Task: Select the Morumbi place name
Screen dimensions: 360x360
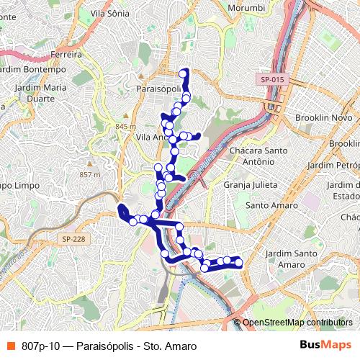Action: click(x=247, y=7)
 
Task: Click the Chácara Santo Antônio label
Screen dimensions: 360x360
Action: click(x=258, y=157)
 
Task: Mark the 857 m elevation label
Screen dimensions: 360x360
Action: click(x=91, y=174)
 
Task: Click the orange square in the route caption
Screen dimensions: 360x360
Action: click(x=9, y=346)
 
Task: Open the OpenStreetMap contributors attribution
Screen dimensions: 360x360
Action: click(x=297, y=323)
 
